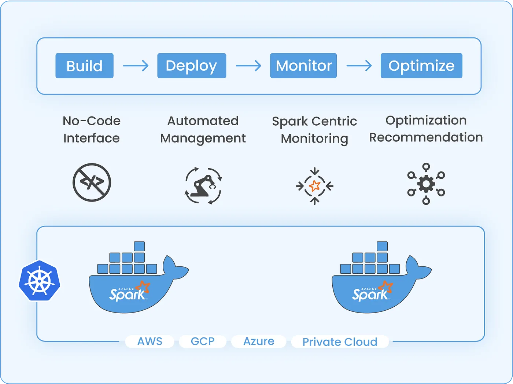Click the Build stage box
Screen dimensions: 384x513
coord(84,66)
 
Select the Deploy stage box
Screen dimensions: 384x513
coord(192,66)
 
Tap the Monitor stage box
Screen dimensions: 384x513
coord(303,66)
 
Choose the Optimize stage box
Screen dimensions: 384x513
coord(421,66)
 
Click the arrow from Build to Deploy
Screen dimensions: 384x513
coord(136,66)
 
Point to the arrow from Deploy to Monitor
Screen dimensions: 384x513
coord(248,66)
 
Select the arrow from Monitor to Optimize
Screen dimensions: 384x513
coord(359,66)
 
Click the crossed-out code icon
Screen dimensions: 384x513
coord(92,182)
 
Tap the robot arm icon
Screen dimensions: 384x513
coord(203,185)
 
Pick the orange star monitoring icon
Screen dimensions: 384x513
coord(314,186)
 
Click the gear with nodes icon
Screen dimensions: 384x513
coord(426,184)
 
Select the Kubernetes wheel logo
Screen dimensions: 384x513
coord(39,281)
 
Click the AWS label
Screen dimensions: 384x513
coord(150,341)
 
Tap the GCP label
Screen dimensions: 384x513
coord(203,341)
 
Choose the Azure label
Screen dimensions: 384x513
coord(259,341)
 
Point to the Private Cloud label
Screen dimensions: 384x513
coord(340,342)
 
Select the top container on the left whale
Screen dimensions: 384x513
coord(139,246)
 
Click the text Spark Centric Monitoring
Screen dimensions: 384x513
coord(314,130)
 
